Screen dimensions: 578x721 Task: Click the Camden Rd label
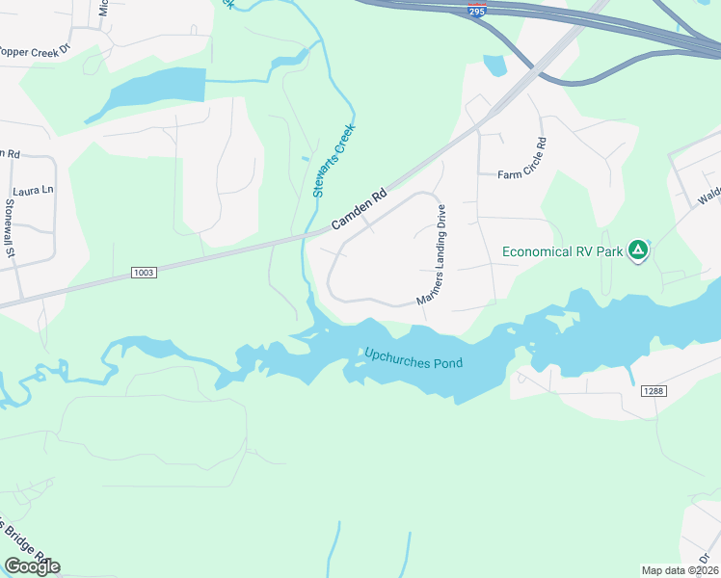click(359, 208)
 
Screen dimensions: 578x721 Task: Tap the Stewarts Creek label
click(334, 161)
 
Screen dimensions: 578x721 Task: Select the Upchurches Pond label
click(414, 358)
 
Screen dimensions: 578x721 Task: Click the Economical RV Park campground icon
click(637, 251)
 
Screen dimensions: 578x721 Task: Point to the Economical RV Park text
click(563, 252)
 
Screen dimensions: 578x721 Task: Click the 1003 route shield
click(143, 274)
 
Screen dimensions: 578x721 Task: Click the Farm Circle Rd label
click(521, 160)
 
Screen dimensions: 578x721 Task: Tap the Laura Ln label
click(33, 191)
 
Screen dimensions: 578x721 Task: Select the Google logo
click(32, 565)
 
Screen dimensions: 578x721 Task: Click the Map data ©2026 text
click(680, 570)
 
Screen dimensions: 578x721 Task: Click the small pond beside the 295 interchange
click(494, 66)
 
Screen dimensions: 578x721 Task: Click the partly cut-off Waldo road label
click(709, 196)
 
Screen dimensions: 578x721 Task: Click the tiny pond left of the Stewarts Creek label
click(306, 159)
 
